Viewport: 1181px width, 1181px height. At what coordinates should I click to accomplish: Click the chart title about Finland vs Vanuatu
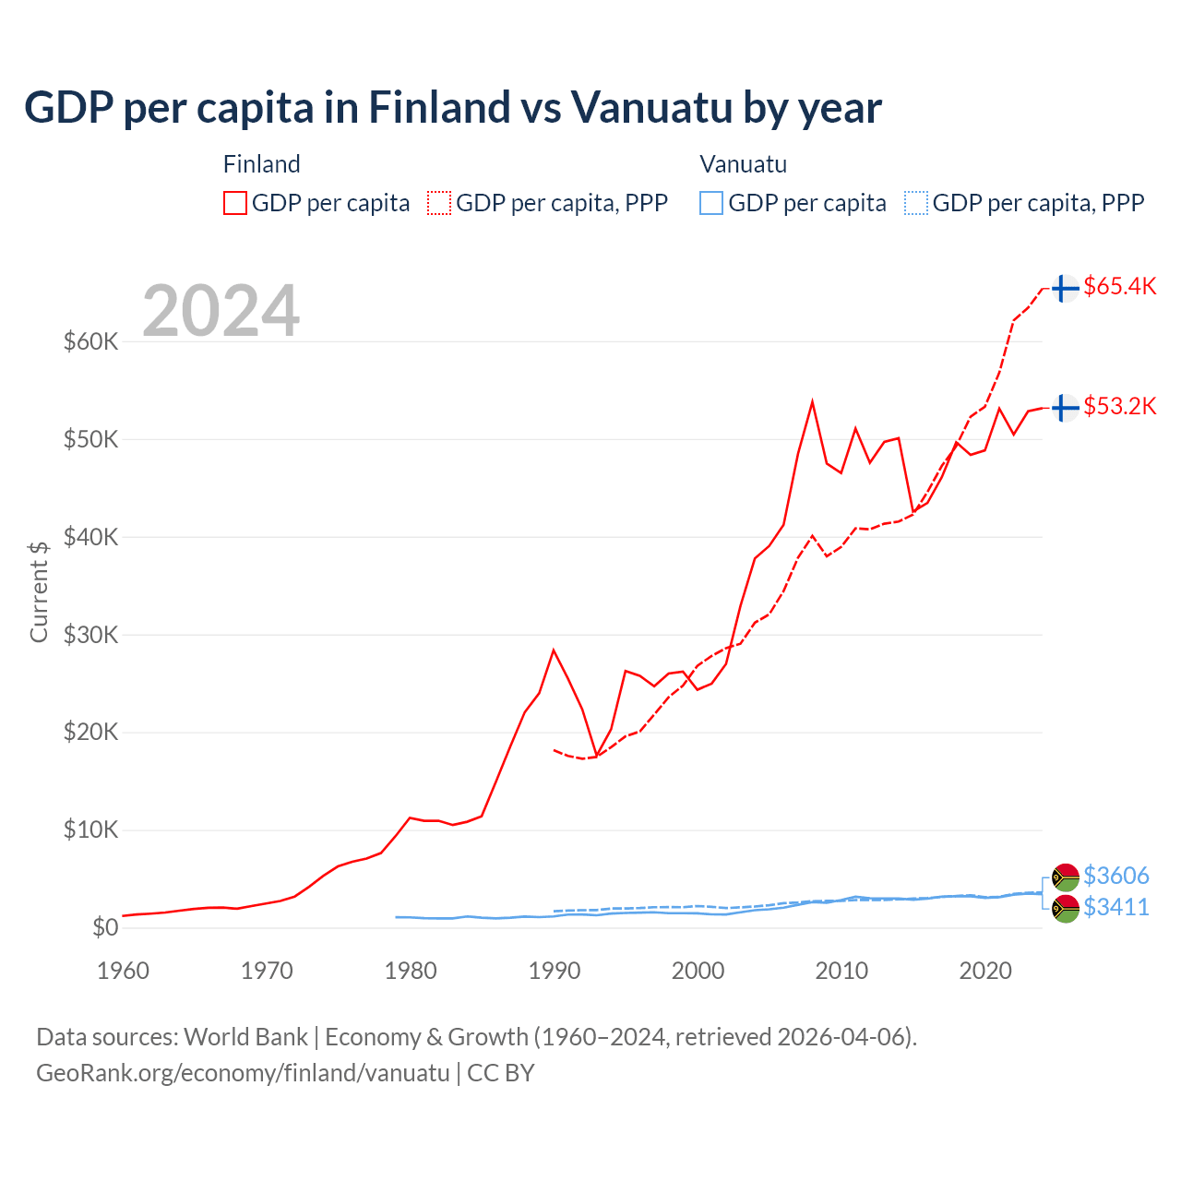(x=452, y=108)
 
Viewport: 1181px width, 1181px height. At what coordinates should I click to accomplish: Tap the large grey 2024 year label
(x=221, y=311)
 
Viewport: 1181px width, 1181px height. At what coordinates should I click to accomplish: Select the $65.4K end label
(x=1119, y=286)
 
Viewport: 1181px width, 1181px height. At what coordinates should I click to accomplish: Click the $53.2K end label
(x=1119, y=406)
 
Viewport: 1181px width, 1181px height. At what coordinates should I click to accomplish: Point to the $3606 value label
(x=1115, y=875)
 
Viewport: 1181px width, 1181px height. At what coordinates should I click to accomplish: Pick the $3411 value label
(x=1115, y=907)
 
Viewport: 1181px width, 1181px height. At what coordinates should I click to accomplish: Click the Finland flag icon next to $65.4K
(x=1065, y=288)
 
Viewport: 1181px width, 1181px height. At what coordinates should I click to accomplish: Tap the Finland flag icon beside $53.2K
(x=1065, y=407)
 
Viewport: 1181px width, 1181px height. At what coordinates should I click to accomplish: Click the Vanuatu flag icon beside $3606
(x=1065, y=877)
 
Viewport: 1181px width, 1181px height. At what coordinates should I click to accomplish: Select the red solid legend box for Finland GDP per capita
(x=235, y=203)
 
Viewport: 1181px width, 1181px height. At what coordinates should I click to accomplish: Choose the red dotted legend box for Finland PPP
(x=439, y=203)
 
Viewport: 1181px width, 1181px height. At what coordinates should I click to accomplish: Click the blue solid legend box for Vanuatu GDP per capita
(x=711, y=203)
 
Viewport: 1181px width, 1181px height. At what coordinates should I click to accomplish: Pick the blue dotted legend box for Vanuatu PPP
(x=916, y=203)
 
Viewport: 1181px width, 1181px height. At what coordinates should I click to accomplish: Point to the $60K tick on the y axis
(x=91, y=341)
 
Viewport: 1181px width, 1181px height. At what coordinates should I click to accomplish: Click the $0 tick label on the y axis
(x=105, y=927)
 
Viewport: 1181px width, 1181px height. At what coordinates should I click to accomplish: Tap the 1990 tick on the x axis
(x=555, y=971)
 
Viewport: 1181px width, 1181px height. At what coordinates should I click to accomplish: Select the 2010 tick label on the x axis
(x=841, y=971)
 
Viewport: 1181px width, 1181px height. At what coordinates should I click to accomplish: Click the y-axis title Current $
(x=39, y=591)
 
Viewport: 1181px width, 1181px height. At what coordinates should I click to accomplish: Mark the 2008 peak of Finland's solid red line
(x=812, y=402)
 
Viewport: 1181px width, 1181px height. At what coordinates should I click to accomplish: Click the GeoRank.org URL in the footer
(x=243, y=1073)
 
